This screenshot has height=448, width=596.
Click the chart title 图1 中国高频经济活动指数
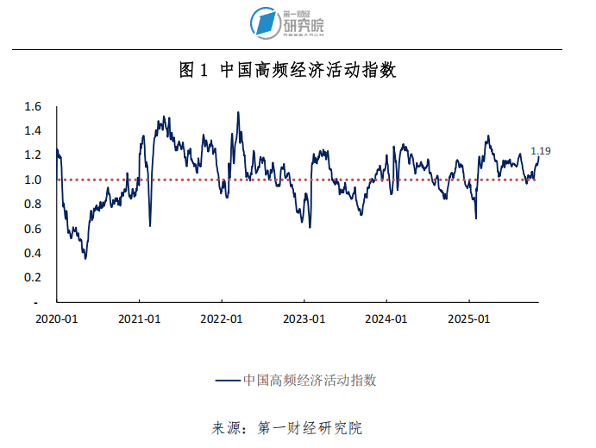coord(287,71)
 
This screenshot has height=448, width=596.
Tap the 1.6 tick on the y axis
coord(34,107)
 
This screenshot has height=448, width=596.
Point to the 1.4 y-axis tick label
coord(34,131)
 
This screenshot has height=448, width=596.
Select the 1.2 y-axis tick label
coord(34,155)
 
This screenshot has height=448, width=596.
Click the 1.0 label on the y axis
coord(34,180)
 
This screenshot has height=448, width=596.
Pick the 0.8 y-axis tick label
coord(34,204)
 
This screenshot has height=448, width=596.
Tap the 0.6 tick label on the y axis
coord(34,228)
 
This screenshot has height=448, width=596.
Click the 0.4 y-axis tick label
coord(34,253)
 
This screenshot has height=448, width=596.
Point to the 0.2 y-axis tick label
coord(34,277)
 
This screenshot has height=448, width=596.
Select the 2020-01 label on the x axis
coord(57,319)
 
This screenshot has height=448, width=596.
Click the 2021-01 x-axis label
coord(140,319)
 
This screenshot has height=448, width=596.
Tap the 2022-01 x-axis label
coord(223,319)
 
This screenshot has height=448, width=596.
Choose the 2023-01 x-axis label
coord(304,319)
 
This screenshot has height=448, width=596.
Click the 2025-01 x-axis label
coord(469,319)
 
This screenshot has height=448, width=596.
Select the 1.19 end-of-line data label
coord(541,151)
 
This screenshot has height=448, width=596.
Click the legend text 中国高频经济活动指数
coord(311,380)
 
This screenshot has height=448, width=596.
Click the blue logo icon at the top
coord(263,22)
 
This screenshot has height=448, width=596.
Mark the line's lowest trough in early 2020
coord(85,258)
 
